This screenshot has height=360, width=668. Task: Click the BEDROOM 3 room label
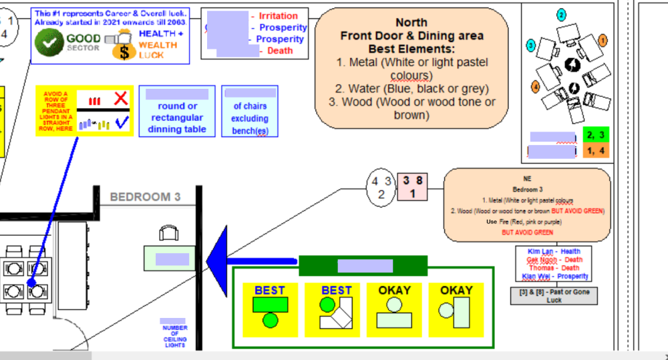pyautogui.click(x=145, y=197)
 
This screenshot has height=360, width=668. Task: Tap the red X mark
pyautogui.click(x=120, y=99)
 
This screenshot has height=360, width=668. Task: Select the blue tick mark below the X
pyautogui.click(x=121, y=122)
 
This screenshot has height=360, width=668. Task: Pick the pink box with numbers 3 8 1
pyautogui.click(x=411, y=186)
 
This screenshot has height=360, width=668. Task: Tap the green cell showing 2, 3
pyautogui.click(x=595, y=136)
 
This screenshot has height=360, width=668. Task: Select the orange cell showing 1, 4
pyautogui.click(x=595, y=151)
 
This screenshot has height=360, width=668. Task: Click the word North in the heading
pyautogui.click(x=411, y=22)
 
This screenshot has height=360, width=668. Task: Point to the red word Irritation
pyautogui.click(x=279, y=16)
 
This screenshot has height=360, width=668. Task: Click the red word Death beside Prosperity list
pyautogui.click(x=280, y=51)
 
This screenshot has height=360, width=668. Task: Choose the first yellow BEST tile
pyautogui.click(x=269, y=310)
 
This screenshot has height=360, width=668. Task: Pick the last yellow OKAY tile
pyautogui.click(x=456, y=310)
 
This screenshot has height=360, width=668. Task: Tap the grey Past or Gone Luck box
pyautogui.click(x=554, y=296)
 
